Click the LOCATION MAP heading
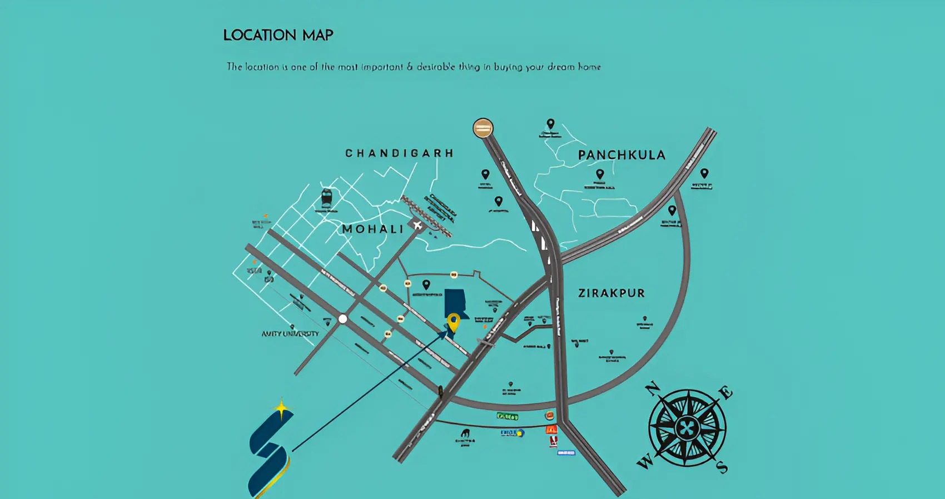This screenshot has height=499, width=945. (278, 35)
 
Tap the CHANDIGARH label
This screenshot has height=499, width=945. (399, 153)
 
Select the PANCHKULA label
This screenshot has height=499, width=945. (621, 155)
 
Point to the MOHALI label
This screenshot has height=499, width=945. (372, 229)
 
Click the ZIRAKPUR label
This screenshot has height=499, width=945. (611, 293)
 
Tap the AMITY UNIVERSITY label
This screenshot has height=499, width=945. (290, 333)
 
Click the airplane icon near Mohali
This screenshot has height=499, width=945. (417, 226)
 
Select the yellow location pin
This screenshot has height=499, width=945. (454, 322)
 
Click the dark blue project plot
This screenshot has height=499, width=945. (455, 303)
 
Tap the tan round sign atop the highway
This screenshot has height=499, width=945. (483, 128)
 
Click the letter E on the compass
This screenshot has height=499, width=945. (725, 393)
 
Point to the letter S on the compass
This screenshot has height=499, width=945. (722, 467)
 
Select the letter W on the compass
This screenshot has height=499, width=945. (645, 462)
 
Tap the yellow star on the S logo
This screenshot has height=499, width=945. (282, 409)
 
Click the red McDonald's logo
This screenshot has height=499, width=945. (551, 430)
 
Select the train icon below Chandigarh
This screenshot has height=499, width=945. (326, 197)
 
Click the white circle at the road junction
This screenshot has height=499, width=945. (343, 319)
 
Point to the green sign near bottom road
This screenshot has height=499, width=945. (508, 416)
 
